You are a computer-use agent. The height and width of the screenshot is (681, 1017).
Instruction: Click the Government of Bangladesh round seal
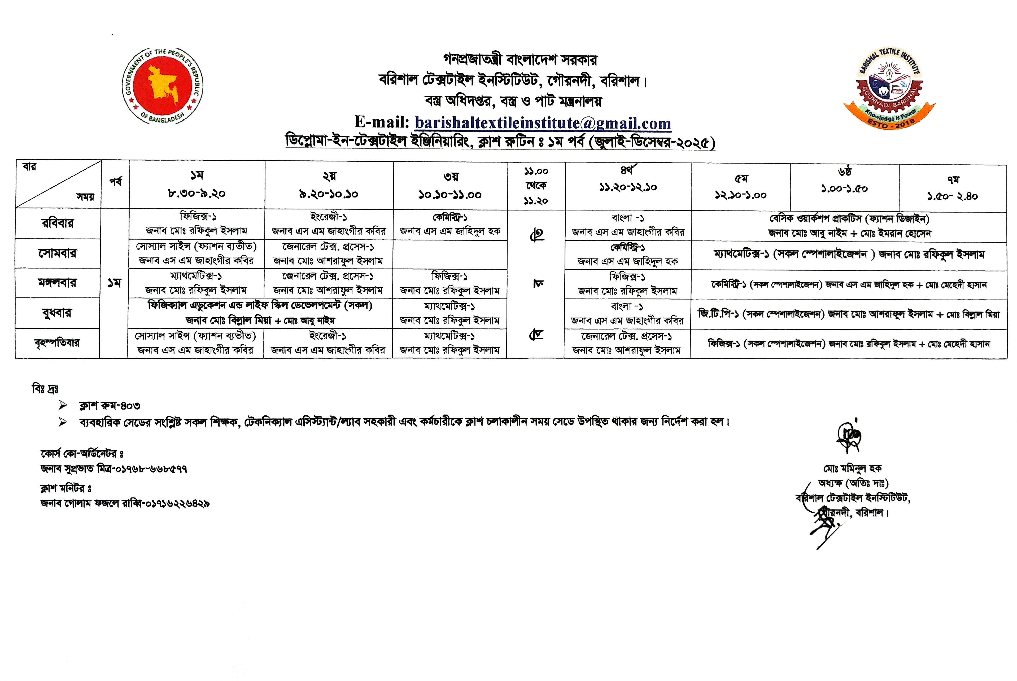pos(163,86)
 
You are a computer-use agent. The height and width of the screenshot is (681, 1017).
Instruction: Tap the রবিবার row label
pos(58,224)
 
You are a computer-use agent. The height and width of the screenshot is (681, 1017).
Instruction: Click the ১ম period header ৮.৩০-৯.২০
pos(197,185)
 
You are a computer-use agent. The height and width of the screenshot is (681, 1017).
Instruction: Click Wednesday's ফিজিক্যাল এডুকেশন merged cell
pos(260,313)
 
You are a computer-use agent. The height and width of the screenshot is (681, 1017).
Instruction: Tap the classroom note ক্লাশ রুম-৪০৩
pos(110,406)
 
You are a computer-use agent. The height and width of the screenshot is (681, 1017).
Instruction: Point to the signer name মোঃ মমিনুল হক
pos(852,469)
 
